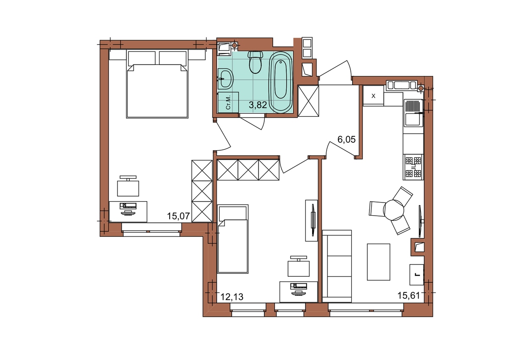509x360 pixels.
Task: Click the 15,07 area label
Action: pos(179,216)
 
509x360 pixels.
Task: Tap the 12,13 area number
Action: pos(232,297)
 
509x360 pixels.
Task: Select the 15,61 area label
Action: pos(408,295)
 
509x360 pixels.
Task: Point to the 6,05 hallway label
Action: pos(346,139)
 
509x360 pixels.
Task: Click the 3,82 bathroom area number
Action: pos(258,105)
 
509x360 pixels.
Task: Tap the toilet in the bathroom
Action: pos(255,62)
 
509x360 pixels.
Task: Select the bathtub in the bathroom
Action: pos(280,82)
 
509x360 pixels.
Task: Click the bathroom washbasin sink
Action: pos(225,79)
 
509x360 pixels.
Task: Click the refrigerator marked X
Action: pos(373,96)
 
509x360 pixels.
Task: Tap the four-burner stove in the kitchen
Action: pos(413,167)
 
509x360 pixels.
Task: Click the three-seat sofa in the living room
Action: pos(337,266)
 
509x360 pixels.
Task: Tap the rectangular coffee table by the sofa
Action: pos(378,262)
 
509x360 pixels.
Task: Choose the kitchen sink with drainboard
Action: pos(414,113)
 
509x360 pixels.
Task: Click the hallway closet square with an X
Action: pos(308,101)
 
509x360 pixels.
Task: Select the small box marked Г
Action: pos(417,275)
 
